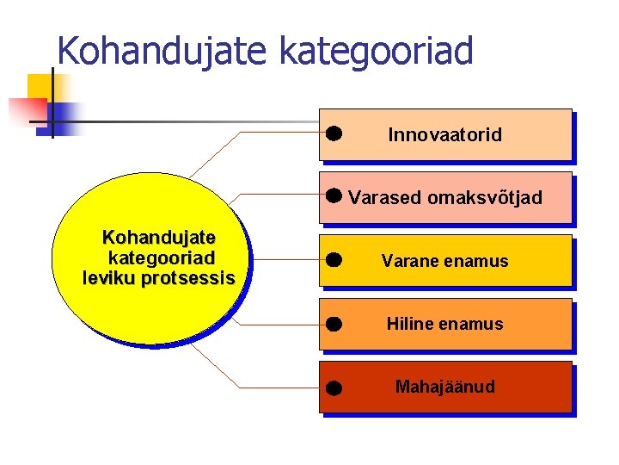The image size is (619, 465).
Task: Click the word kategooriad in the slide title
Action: click(x=376, y=51)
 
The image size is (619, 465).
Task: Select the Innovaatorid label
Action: click(x=444, y=135)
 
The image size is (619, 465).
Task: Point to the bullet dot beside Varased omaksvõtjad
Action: click(x=334, y=195)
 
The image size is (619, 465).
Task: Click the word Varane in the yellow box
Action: click(x=408, y=261)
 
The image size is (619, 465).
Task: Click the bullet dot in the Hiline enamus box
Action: click(x=334, y=325)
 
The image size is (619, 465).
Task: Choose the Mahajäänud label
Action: click(x=444, y=387)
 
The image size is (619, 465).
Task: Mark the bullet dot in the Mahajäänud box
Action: click(x=334, y=388)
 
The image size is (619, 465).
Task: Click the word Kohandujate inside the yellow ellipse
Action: click(x=159, y=237)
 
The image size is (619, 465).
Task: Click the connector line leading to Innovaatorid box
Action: click(x=275, y=133)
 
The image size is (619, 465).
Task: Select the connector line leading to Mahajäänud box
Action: click(x=275, y=387)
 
